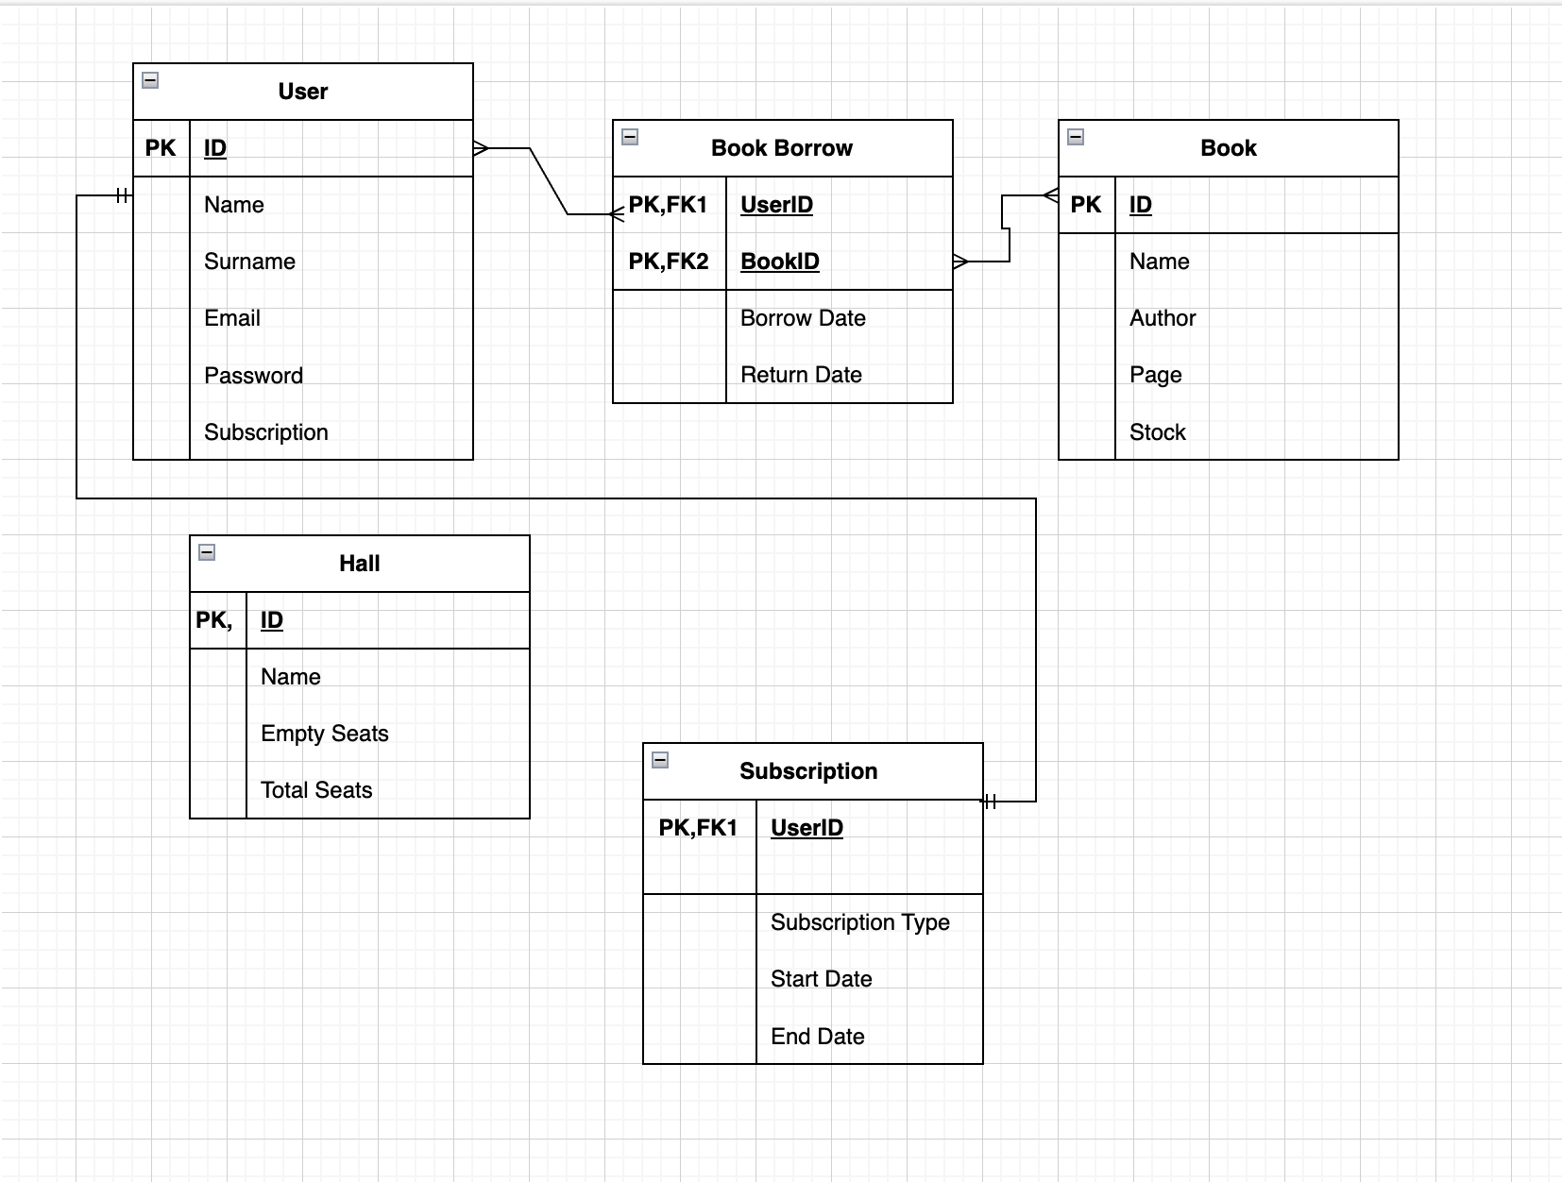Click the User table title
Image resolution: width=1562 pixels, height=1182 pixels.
point(303,92)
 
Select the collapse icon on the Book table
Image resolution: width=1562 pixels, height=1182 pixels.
point(1076,137)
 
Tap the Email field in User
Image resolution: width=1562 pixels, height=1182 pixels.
point(232,318)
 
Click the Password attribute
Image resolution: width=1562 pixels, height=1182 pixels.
point(253,376)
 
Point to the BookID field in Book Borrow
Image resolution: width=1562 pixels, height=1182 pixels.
point(779,262)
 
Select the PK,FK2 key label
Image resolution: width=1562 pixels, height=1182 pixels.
point(669,262)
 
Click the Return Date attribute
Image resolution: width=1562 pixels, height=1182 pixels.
point(801,375)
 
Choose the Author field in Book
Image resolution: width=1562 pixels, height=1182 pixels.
point(1163,318)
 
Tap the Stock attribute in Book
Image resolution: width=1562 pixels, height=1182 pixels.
point(1157,432)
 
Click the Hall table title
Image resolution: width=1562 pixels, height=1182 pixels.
point(359,564)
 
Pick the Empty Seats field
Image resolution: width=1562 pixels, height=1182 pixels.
point(324,734)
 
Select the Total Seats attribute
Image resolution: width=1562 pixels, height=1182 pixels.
point(316,790)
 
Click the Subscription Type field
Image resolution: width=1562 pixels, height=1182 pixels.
point(859,922)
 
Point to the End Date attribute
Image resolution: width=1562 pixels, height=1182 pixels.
point(817,1037)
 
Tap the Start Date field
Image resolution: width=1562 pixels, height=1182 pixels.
point(821,979)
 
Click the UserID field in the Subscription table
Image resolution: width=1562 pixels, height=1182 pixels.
point(806,828)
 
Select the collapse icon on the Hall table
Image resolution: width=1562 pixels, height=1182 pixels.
point(207,552)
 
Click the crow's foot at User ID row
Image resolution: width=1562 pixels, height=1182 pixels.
point(481,148)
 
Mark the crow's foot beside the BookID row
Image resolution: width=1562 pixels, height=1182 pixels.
point(960,262)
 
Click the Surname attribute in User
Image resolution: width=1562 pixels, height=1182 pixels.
point(249,262)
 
